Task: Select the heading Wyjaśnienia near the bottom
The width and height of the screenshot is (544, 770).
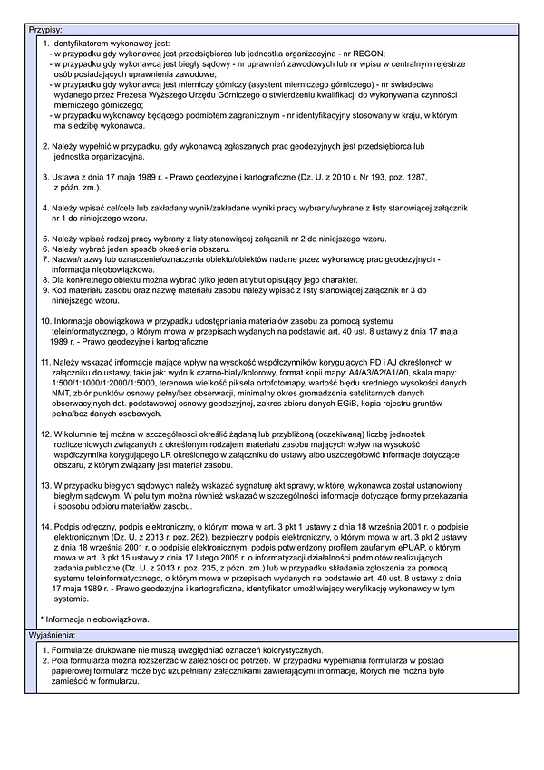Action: [x=55, y=636]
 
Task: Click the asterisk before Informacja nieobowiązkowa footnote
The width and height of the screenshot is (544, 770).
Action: [x=43, y=619]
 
